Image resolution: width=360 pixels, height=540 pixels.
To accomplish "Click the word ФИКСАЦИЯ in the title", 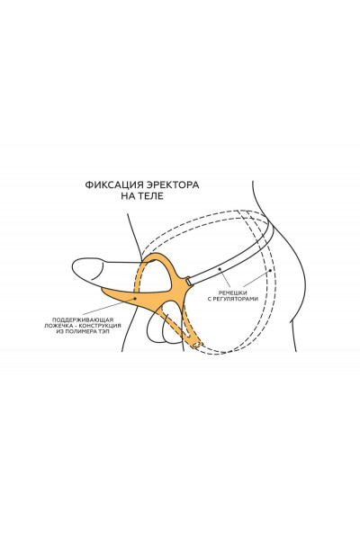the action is (114, 184).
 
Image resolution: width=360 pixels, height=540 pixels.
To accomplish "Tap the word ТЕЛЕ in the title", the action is (151, 196).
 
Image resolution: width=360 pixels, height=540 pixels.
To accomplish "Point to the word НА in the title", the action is (128, 196).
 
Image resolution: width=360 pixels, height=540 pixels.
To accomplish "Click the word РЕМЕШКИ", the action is (232, 292).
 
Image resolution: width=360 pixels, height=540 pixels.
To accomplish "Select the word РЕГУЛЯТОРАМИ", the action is (236, 299).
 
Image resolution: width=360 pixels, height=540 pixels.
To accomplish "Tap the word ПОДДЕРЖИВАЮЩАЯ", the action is (83, 319).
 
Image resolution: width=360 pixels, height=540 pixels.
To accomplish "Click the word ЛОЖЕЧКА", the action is (58, 326).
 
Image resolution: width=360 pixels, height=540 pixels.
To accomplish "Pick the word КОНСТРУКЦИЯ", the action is (100, 326).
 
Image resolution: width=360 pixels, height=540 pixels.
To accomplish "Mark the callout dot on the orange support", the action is (135, 298).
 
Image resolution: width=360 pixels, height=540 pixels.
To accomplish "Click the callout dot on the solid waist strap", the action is (219, 268).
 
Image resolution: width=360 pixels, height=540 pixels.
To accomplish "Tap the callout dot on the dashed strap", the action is (270, 271).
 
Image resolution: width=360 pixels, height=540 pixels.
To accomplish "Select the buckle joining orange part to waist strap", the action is (188, 282).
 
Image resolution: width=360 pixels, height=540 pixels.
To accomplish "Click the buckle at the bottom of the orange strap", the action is (197, 345).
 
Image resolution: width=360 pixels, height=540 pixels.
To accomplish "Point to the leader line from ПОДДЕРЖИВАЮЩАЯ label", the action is (109, 307).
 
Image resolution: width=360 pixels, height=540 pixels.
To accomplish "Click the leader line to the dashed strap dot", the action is (256, 279).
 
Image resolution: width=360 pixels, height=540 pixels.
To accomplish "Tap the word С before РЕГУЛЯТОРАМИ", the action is (210, 299).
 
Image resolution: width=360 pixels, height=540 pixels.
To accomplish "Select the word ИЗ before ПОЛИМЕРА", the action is (59, 331).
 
